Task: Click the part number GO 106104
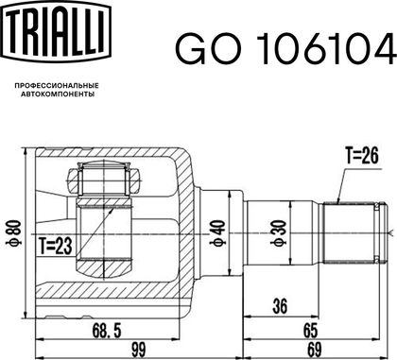[x=285, y=49]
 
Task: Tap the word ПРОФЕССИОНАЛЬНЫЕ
[x=57, y=86]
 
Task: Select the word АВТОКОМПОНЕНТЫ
[x=58, y=94]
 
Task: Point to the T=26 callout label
[x=362, y=156]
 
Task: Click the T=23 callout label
[x=56, y=246]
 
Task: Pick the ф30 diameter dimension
[x=279, y=233]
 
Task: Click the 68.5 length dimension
[x=107, y=331]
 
